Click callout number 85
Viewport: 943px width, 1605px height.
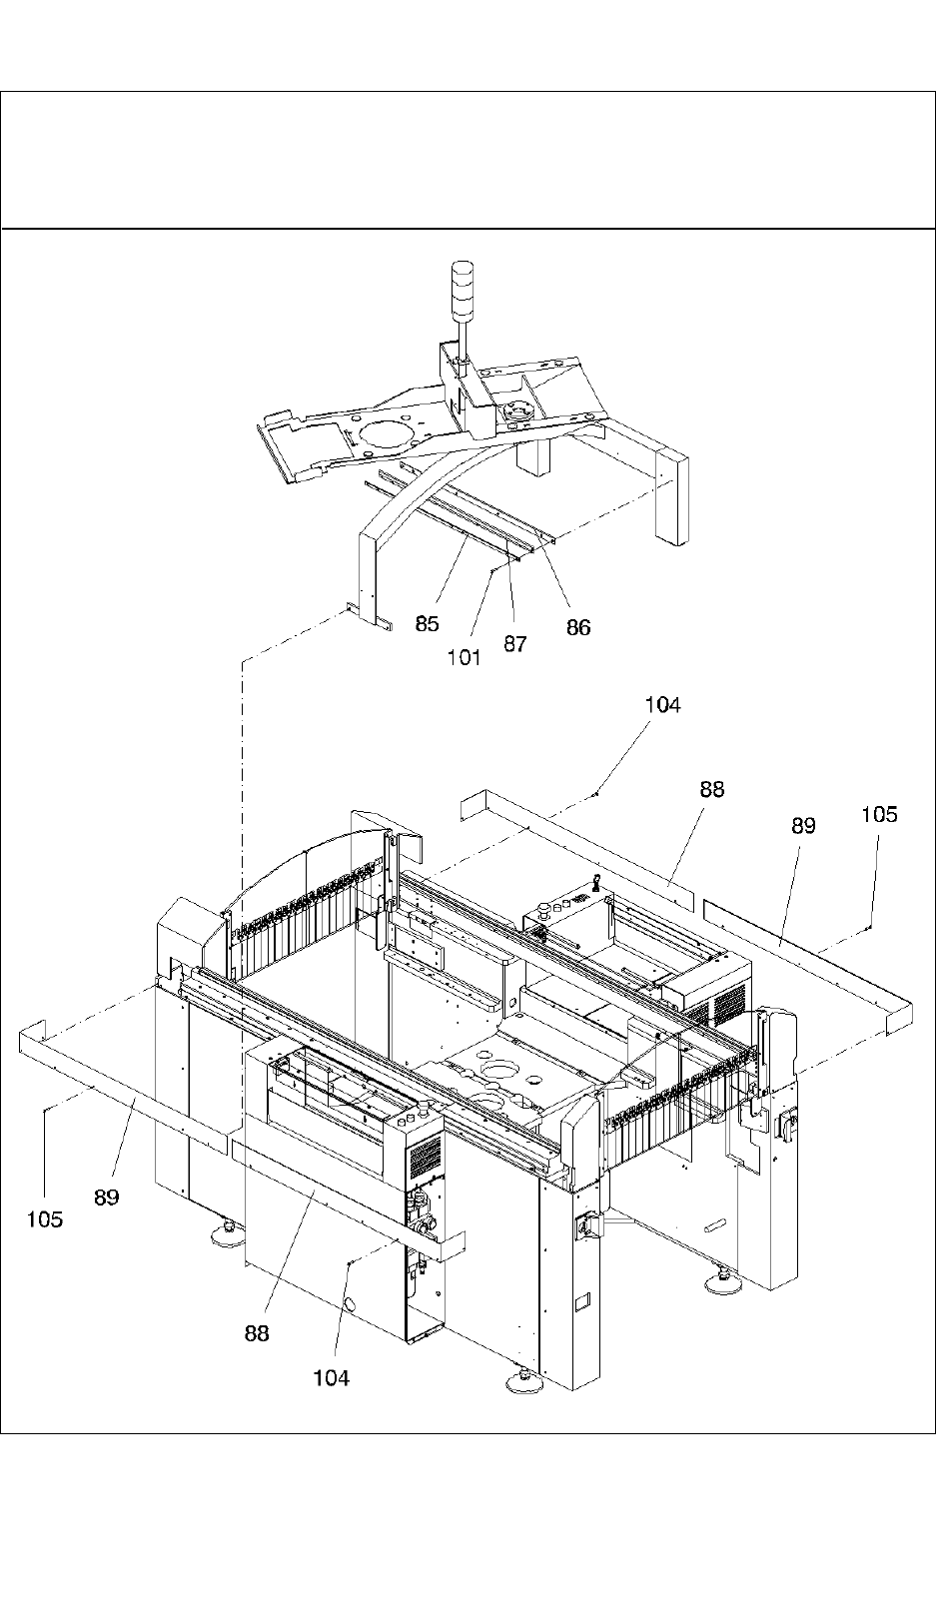pos(427,624)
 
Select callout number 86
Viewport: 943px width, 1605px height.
pos(578,627)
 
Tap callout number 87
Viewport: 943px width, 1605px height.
pos(514,644)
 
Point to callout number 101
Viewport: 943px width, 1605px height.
pos(465,657)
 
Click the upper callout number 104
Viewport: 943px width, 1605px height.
pos(662,705)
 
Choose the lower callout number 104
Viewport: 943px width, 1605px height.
pos(332,1378)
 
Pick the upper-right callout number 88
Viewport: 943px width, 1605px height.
pos(711,789)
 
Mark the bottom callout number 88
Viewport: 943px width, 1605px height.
pos(257,1333)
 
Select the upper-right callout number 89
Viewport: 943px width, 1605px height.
pos(803,826)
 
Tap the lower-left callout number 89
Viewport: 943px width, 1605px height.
pos(107,1197)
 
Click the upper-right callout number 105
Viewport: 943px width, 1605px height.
pos(879,815)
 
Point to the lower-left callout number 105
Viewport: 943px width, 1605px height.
pos(45,1218)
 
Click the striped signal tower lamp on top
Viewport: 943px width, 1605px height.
pos(462,284)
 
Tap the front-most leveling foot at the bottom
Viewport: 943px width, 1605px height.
pos(522,1381)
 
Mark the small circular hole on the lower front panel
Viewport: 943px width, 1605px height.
pos(351,1305)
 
